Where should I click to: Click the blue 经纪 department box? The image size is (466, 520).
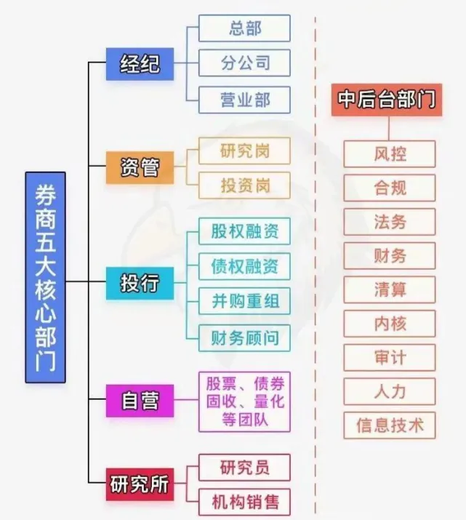140,64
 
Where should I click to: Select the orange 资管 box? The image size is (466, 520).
140,167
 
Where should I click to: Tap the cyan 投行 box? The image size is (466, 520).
140,282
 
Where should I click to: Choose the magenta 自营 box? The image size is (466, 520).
140,401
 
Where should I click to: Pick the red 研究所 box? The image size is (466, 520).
139,483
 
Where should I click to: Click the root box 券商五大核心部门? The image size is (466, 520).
45,277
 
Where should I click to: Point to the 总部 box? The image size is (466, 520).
244,28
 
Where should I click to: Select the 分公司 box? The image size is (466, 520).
244,63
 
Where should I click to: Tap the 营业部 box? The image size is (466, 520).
244,99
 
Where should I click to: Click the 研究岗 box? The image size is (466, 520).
244,151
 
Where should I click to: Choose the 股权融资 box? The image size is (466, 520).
244,231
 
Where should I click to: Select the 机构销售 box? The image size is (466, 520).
244,501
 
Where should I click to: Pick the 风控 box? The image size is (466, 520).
390,154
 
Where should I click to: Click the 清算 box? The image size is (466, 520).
390,289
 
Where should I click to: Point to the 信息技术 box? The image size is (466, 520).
390,425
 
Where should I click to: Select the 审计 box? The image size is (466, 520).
390,357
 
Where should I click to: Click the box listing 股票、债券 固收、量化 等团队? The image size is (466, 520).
244,401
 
